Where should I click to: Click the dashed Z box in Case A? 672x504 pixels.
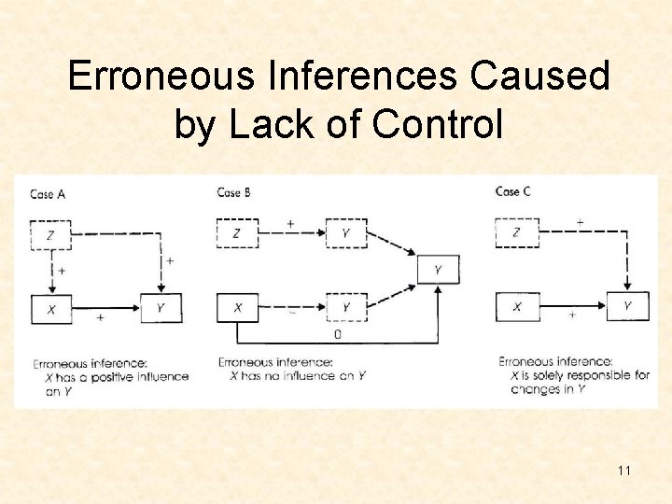50,234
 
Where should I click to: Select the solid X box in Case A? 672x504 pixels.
50,308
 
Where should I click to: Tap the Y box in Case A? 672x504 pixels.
161,308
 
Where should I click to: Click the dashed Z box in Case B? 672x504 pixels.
237,232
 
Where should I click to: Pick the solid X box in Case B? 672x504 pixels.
237,307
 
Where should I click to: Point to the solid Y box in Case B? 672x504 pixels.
439,271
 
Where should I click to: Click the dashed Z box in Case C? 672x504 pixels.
516,232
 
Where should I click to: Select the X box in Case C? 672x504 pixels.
516,306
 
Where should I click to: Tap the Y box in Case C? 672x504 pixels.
627,305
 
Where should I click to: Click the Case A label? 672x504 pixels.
48,194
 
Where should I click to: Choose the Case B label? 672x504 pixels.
234,192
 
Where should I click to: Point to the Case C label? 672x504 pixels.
513,191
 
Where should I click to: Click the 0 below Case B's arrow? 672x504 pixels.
337,333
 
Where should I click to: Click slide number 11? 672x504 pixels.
623,470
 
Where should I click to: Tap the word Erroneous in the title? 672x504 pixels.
161,77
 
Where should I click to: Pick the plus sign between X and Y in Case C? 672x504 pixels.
572,316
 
